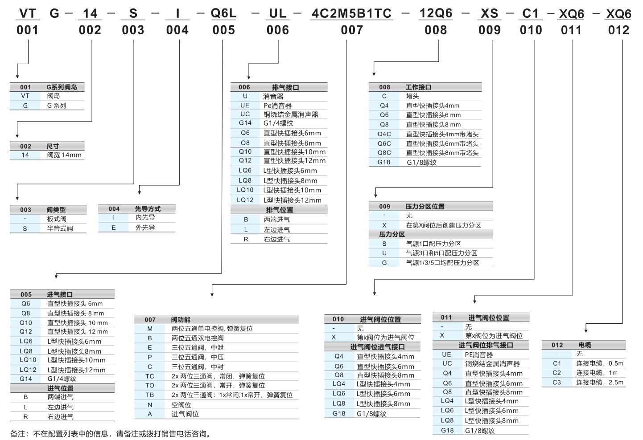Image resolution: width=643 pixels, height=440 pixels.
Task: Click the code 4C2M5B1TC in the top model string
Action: click(351, 13)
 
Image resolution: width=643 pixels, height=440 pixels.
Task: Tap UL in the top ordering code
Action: click(277, 13)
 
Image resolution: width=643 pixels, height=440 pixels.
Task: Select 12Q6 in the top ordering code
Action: click(435, 13)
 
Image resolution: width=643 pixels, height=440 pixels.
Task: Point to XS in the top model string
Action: click(489, 13)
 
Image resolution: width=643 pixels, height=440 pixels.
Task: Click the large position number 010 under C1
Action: click(531, 30)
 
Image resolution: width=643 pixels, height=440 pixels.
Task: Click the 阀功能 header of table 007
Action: click(181, 319)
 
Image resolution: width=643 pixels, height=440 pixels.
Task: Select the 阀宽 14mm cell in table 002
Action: click(64, 155)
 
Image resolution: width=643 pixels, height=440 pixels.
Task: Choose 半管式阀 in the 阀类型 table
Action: click(60, 228)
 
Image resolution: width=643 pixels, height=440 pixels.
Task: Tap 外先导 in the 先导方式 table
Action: click(145, 228)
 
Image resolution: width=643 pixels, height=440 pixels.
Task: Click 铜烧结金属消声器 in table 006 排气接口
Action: click(291, 114)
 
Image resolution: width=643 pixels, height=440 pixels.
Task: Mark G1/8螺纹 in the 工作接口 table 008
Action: click(421, 163)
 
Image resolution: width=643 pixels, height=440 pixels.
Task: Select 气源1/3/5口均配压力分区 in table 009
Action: click(442, 263)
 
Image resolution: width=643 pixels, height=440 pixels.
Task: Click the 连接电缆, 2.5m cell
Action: click(599, 382)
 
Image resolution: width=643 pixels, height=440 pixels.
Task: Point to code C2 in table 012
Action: click(556, 373)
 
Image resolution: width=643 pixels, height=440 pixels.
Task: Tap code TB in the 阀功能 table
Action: click(150, 395)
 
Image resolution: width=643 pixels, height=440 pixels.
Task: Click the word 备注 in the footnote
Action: click(19, 434)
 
